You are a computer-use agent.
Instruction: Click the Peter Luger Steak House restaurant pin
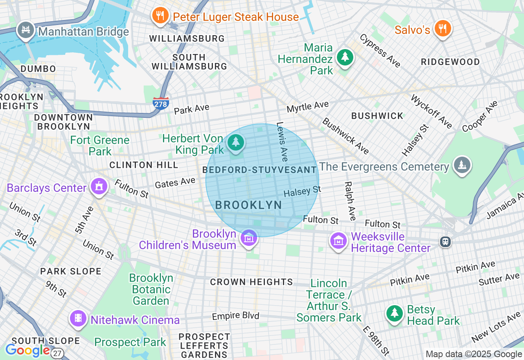[x=160, y=16]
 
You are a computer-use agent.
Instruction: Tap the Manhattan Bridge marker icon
[x=25, y=30]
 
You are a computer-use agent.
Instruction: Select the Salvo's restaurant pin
[x=442, y=29]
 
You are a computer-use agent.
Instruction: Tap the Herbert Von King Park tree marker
[x=235, y=143]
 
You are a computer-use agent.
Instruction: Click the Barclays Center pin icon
[x=99, y=187]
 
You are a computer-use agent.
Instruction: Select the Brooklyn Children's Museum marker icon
[x=248, y=238]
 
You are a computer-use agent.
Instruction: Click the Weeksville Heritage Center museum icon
[x=339, y=241]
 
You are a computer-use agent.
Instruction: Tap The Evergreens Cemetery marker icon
[x=462, y=165]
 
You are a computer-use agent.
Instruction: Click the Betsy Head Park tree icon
[x=395, y=314]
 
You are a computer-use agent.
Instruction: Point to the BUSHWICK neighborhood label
[x=377, y=116]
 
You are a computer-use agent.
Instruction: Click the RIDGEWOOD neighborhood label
[x=450, y=62]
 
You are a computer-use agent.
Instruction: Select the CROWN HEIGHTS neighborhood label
[x=251, y=282]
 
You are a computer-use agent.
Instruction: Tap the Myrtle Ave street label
[x=307, y=107]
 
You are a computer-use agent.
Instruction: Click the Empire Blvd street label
[x=235, y=316]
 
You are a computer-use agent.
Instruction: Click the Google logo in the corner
[x=27, y=350]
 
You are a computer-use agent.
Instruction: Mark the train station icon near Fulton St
[x=445, y=241]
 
